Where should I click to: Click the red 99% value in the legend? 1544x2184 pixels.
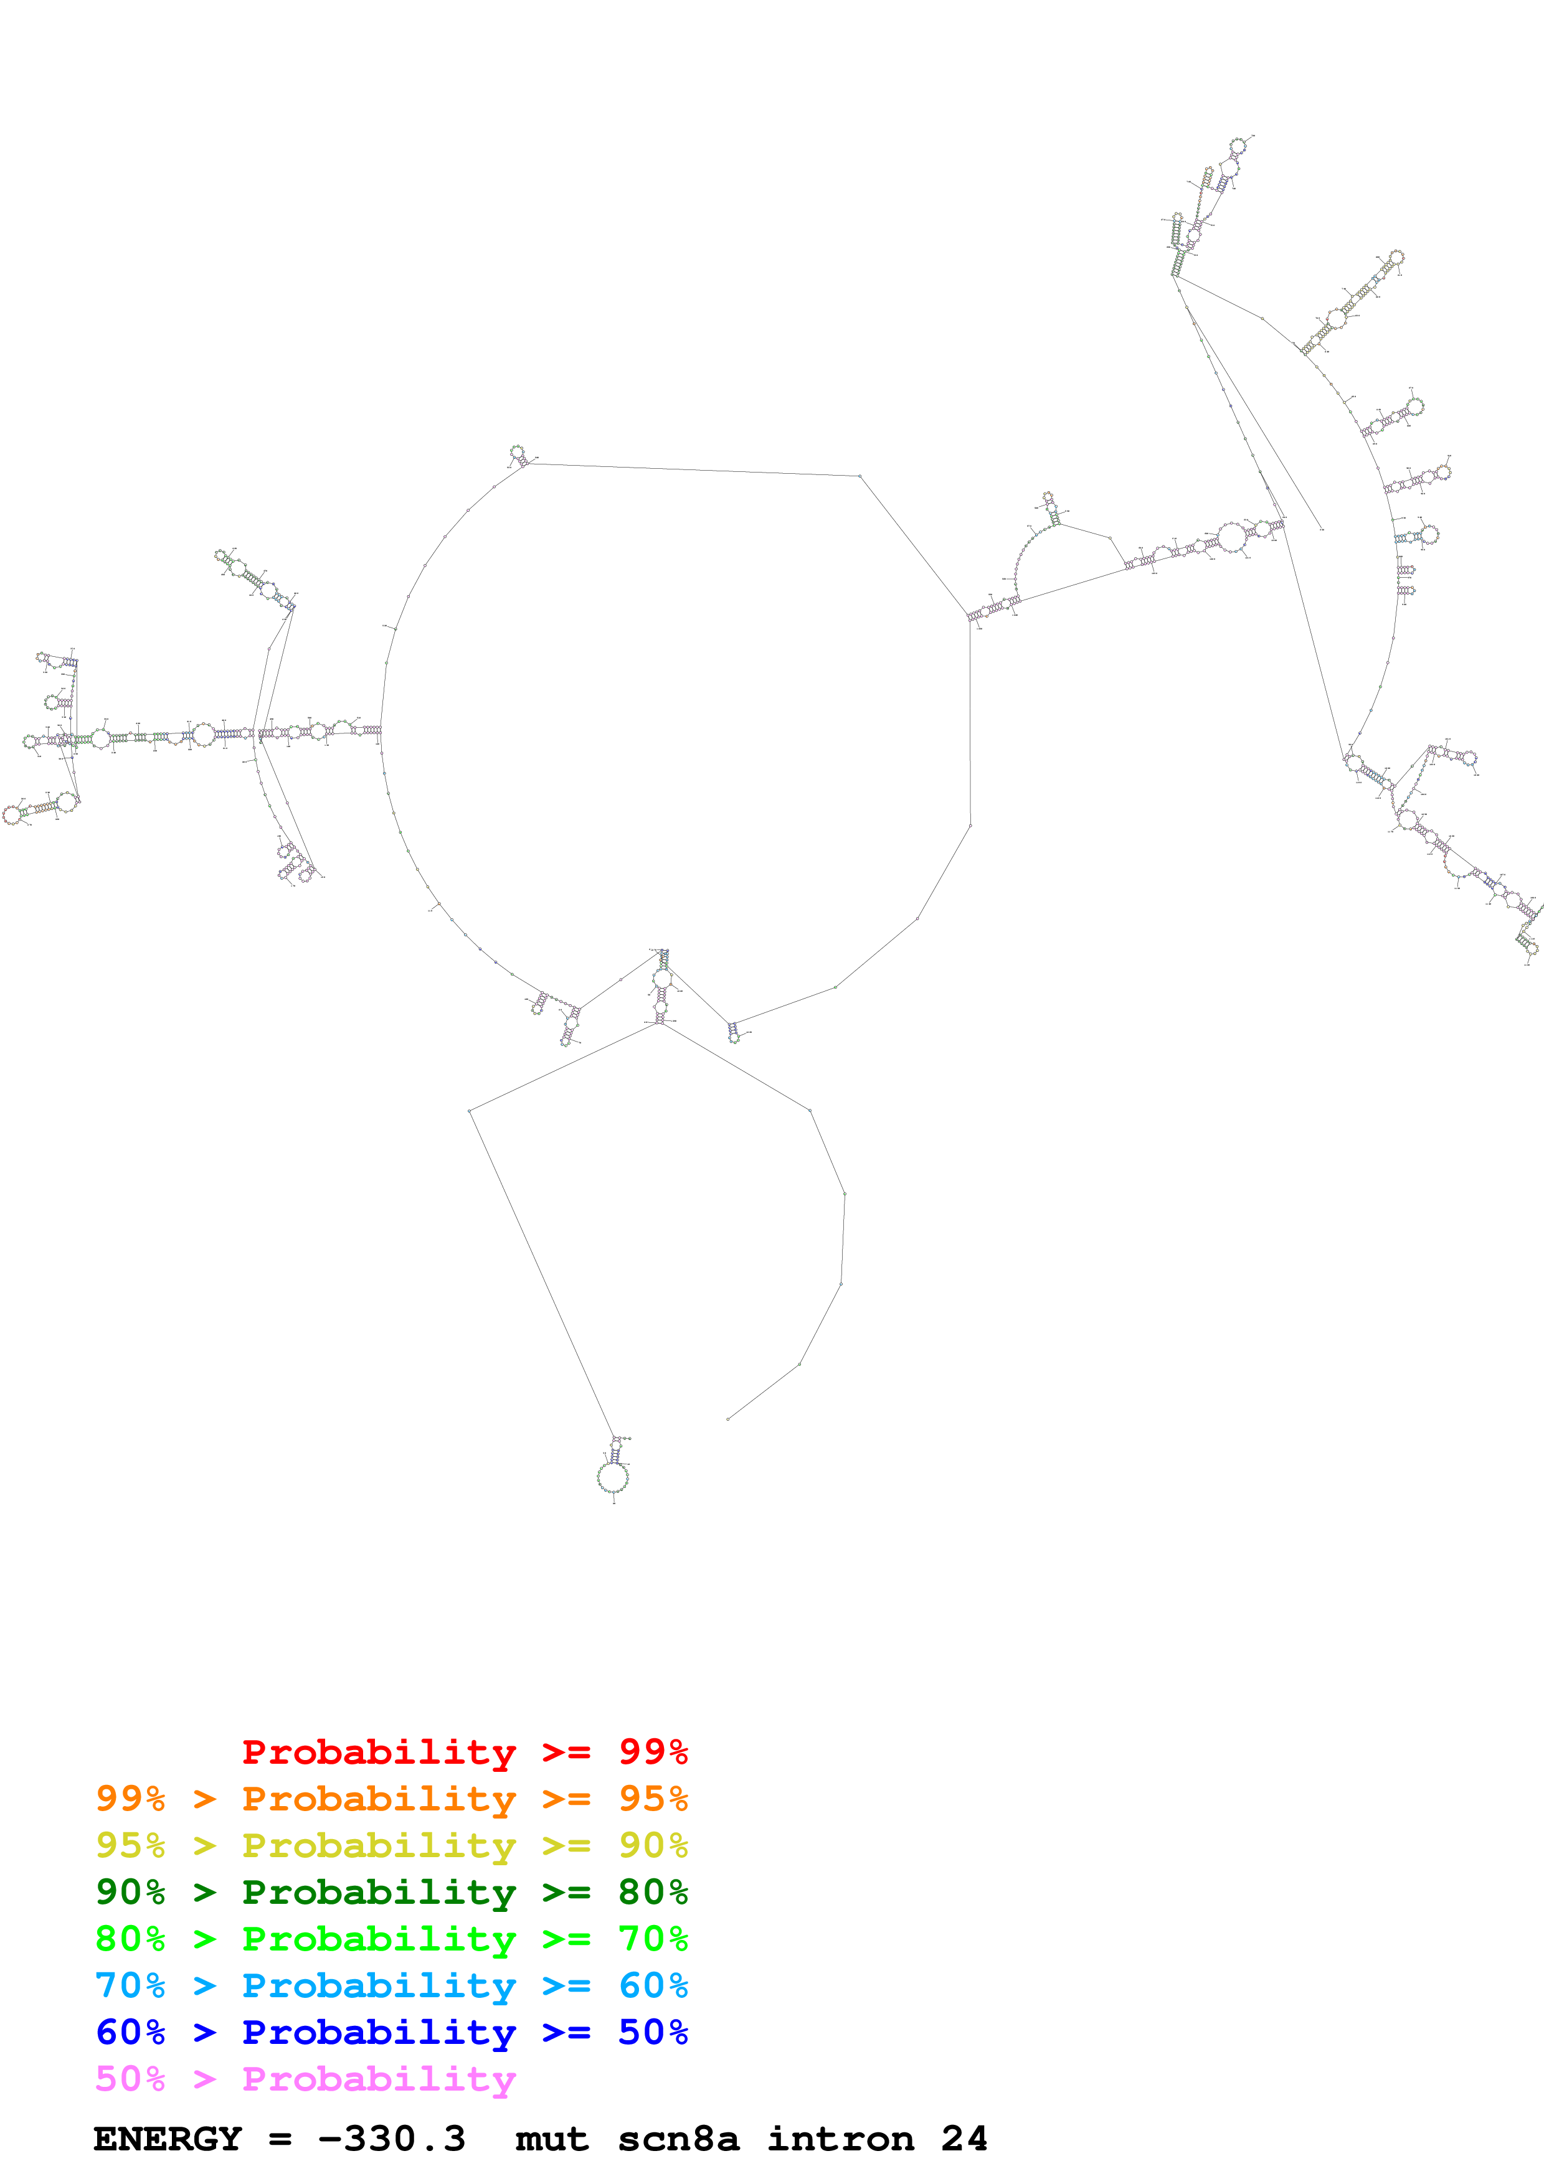pos(653,1751)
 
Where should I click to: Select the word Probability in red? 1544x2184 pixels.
pos(379,1751)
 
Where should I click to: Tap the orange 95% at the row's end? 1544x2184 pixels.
pos(653,1798)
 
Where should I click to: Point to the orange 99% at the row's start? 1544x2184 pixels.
pos(130,1798)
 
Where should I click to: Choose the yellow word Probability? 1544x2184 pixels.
pos(379,1845)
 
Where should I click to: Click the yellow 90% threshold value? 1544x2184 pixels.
pos(653,1845)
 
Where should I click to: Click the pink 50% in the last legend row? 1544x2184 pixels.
pos(130,2078)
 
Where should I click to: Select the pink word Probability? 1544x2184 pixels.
pos(379,2078)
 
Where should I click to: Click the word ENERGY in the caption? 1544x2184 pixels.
pos(168,2139)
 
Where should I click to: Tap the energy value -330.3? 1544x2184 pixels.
pos(392,2139)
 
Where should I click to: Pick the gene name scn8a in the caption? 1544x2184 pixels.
pos(678,2139)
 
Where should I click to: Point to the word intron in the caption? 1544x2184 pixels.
pos(841,2139)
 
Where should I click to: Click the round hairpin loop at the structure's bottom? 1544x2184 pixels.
pos(613,1477)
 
